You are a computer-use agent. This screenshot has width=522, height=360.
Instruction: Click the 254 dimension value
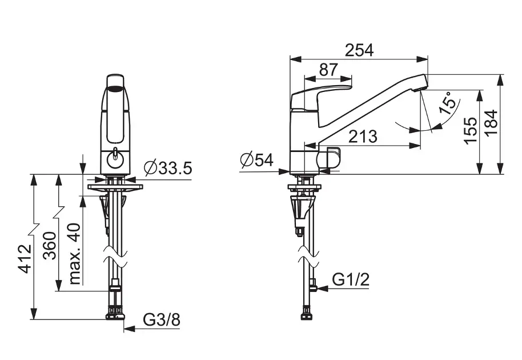359,50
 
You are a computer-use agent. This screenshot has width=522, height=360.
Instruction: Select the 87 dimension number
328,70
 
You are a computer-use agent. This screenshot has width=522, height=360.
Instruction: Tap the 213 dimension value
363,137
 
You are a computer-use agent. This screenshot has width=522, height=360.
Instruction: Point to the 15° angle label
448,103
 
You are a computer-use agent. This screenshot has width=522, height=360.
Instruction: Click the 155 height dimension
471,130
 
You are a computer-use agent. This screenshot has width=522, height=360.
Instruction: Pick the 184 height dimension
491,122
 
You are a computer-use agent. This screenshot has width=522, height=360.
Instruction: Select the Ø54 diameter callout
256,160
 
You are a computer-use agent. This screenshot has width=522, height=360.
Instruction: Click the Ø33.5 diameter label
168,168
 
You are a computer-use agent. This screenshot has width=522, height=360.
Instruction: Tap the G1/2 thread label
351,280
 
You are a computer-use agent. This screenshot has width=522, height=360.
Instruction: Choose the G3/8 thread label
162,319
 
